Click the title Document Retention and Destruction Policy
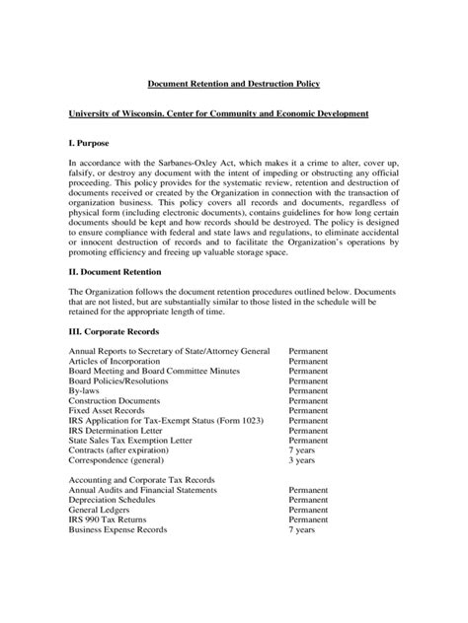tap(234, 86)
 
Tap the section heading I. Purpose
tap(90, 143)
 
